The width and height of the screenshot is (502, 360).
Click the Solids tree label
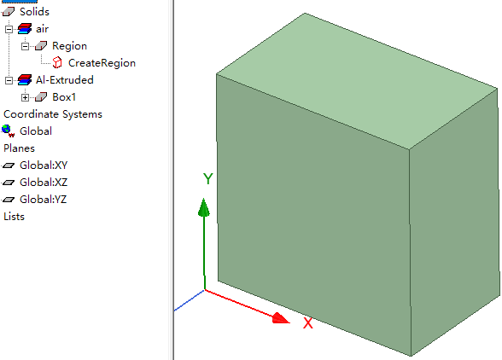(x=34, y=12)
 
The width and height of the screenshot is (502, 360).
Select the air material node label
(x=43, y=29)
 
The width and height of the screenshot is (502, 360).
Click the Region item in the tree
(x=69, y=46)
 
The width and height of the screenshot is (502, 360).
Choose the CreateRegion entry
(x=102, y=63)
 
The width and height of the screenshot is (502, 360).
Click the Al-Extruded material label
(x=65, y=80)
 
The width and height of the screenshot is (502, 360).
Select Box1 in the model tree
(x=64, y=97)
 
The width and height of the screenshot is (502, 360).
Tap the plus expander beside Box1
(x=25, y=97)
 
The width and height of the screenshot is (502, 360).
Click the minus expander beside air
(x=9, y=29)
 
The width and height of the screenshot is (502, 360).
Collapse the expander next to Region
(x=25, y=46)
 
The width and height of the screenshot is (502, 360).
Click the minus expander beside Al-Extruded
(x=9, y=80)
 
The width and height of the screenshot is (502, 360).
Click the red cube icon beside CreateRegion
(x=57, y=63)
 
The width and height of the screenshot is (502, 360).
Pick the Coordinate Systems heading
(x=53, y=114)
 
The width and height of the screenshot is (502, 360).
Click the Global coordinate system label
(x=36, y=131)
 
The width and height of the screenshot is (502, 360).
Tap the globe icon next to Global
(x=8, y=131)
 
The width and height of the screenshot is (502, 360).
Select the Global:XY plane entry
(x=44, y=165)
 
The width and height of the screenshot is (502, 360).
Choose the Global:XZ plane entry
(x=44, y=183)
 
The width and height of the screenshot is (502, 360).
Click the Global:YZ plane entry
(x=44, y=200)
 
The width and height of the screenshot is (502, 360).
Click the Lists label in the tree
(x=14, y=217)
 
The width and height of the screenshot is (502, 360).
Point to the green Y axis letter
(x=208, y=179)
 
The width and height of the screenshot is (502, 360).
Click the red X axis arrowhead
(x=281, y=319)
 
